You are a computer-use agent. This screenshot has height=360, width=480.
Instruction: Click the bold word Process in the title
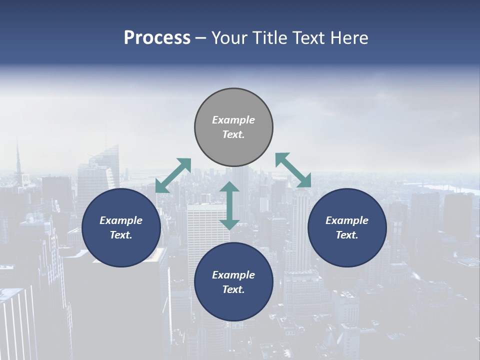pos(157,38)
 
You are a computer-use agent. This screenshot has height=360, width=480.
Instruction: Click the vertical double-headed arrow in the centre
pos(229,205)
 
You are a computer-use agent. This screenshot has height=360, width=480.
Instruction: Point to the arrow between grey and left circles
pos(173,175)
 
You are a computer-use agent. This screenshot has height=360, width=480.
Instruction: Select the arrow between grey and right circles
pos(293,170)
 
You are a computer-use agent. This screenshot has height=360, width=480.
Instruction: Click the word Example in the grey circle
pos(233,120)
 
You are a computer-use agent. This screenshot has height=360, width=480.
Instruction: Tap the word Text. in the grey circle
pos(233,134)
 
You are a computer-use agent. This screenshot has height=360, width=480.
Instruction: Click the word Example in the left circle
pos(121,220)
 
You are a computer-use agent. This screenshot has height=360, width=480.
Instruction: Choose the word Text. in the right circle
pos(347,235)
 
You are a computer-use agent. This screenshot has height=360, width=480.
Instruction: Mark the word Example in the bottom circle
pos(233,275)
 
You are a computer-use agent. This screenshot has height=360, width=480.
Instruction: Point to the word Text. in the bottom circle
pos(233,289)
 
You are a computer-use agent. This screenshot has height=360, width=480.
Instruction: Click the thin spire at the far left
pos(18,160)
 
